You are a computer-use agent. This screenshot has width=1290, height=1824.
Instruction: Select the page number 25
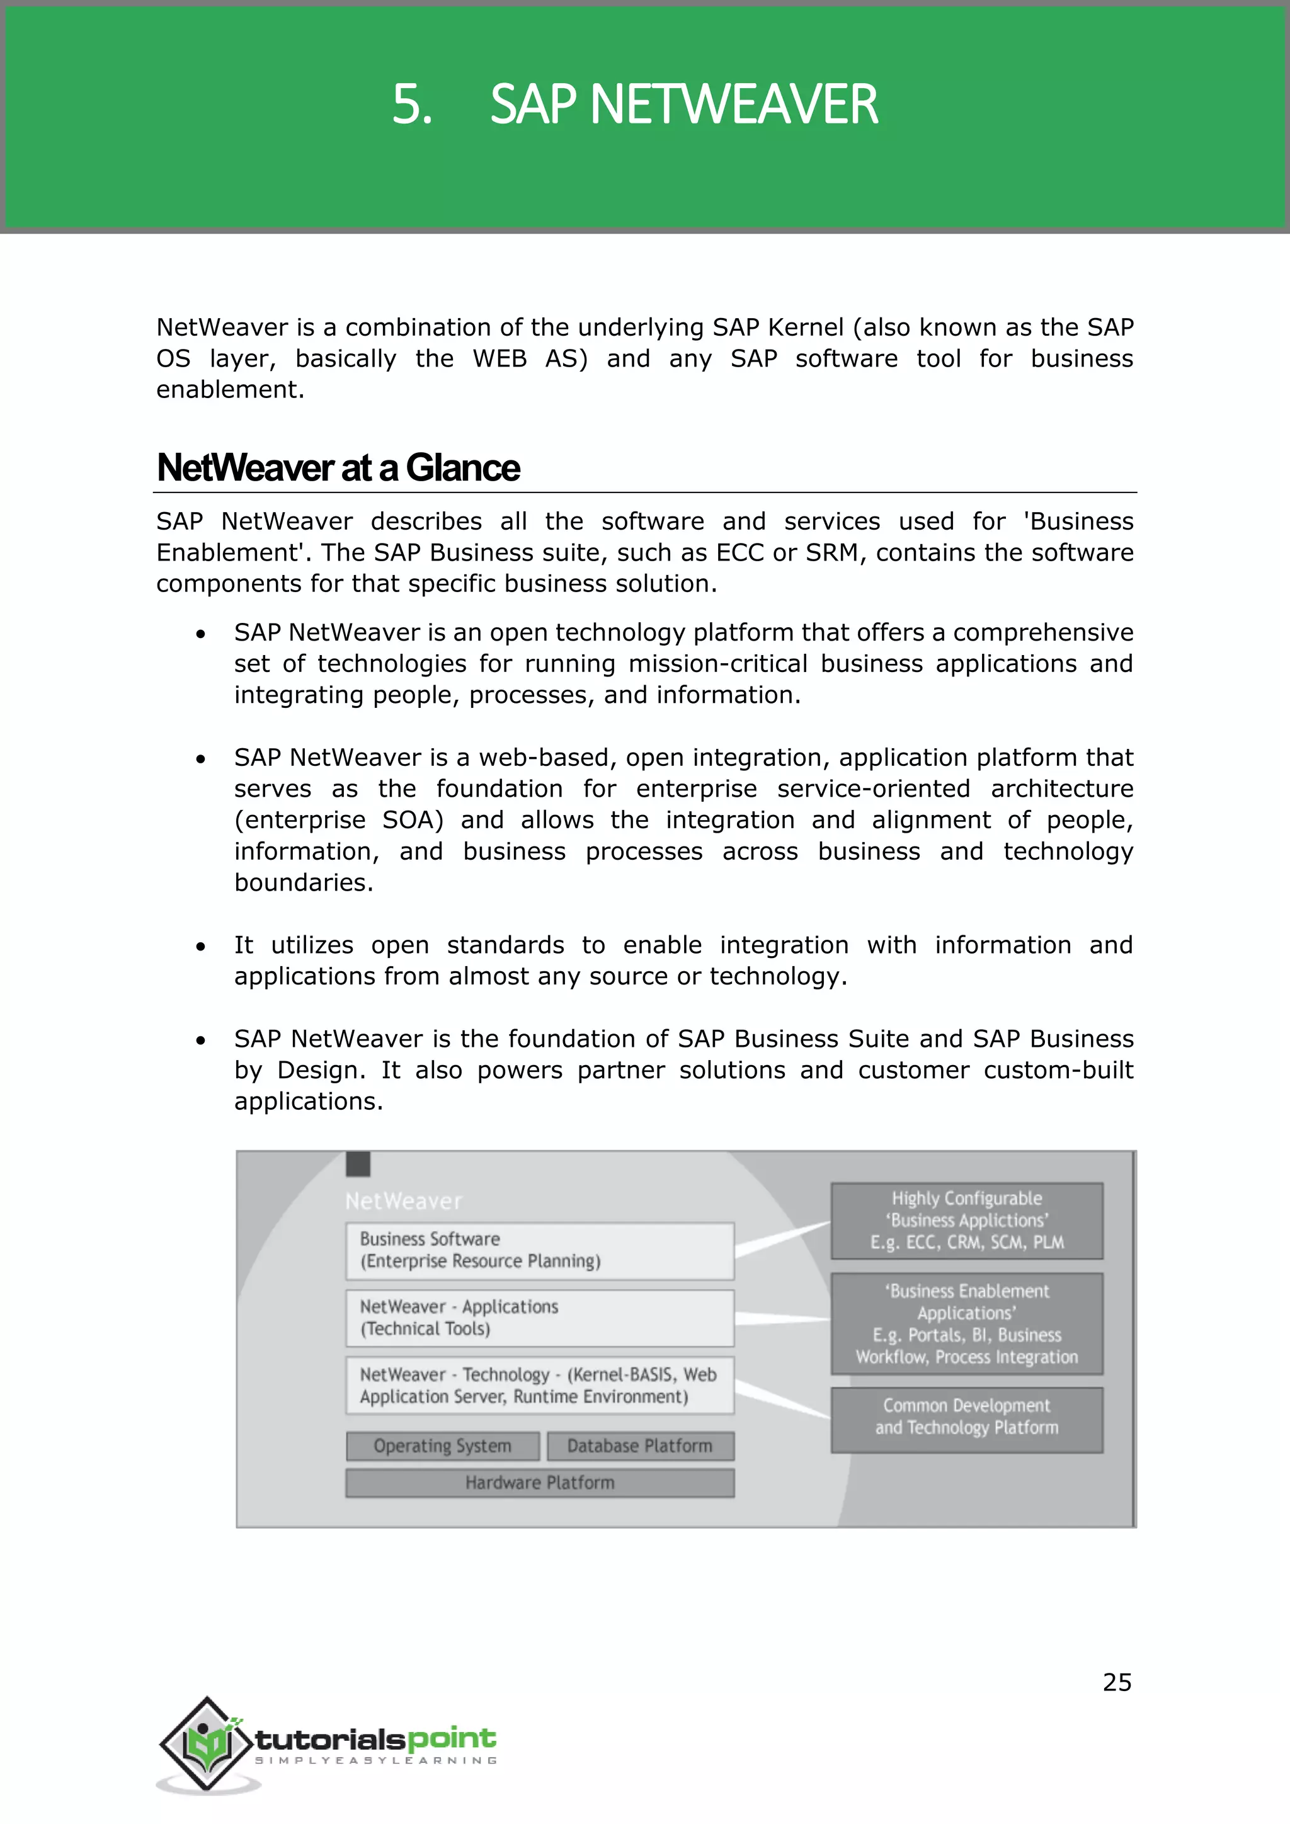click(1116, 1682)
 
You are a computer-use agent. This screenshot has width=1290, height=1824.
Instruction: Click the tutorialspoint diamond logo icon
click(207, 1744)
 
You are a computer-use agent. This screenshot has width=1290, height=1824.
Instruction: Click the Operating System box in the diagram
click(442, 1446)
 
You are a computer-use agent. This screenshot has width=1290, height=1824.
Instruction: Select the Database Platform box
click(639, 1446)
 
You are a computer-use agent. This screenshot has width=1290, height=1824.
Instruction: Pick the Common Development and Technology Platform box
click(967, 1417)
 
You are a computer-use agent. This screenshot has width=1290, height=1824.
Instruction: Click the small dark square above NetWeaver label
click(358, 1165)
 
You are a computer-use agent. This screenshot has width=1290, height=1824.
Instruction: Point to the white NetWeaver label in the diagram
click(404, 1201)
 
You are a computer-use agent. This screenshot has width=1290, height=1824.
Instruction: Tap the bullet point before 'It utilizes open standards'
click(201, 947)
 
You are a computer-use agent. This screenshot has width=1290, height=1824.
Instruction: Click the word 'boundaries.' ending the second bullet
click(304, 882)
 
